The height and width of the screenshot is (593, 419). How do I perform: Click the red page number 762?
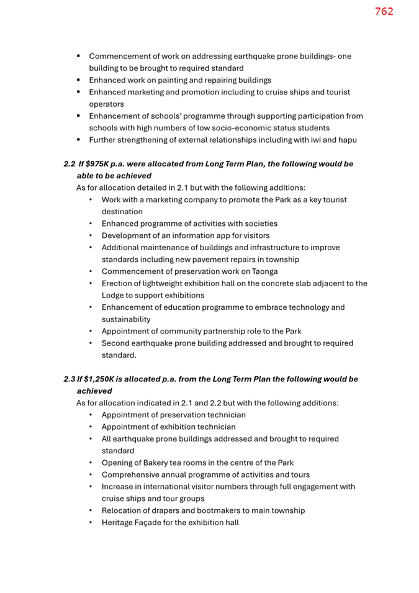[384, 11]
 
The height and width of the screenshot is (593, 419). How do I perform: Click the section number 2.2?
[70, 164]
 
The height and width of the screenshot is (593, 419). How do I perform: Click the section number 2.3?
[70, 379]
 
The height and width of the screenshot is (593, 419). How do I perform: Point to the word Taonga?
[263, 271]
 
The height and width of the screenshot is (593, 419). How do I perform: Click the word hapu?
[346, 140]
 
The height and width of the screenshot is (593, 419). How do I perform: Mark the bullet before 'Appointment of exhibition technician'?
[91, 427]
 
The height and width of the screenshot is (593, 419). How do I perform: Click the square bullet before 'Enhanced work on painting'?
[79, 80]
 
